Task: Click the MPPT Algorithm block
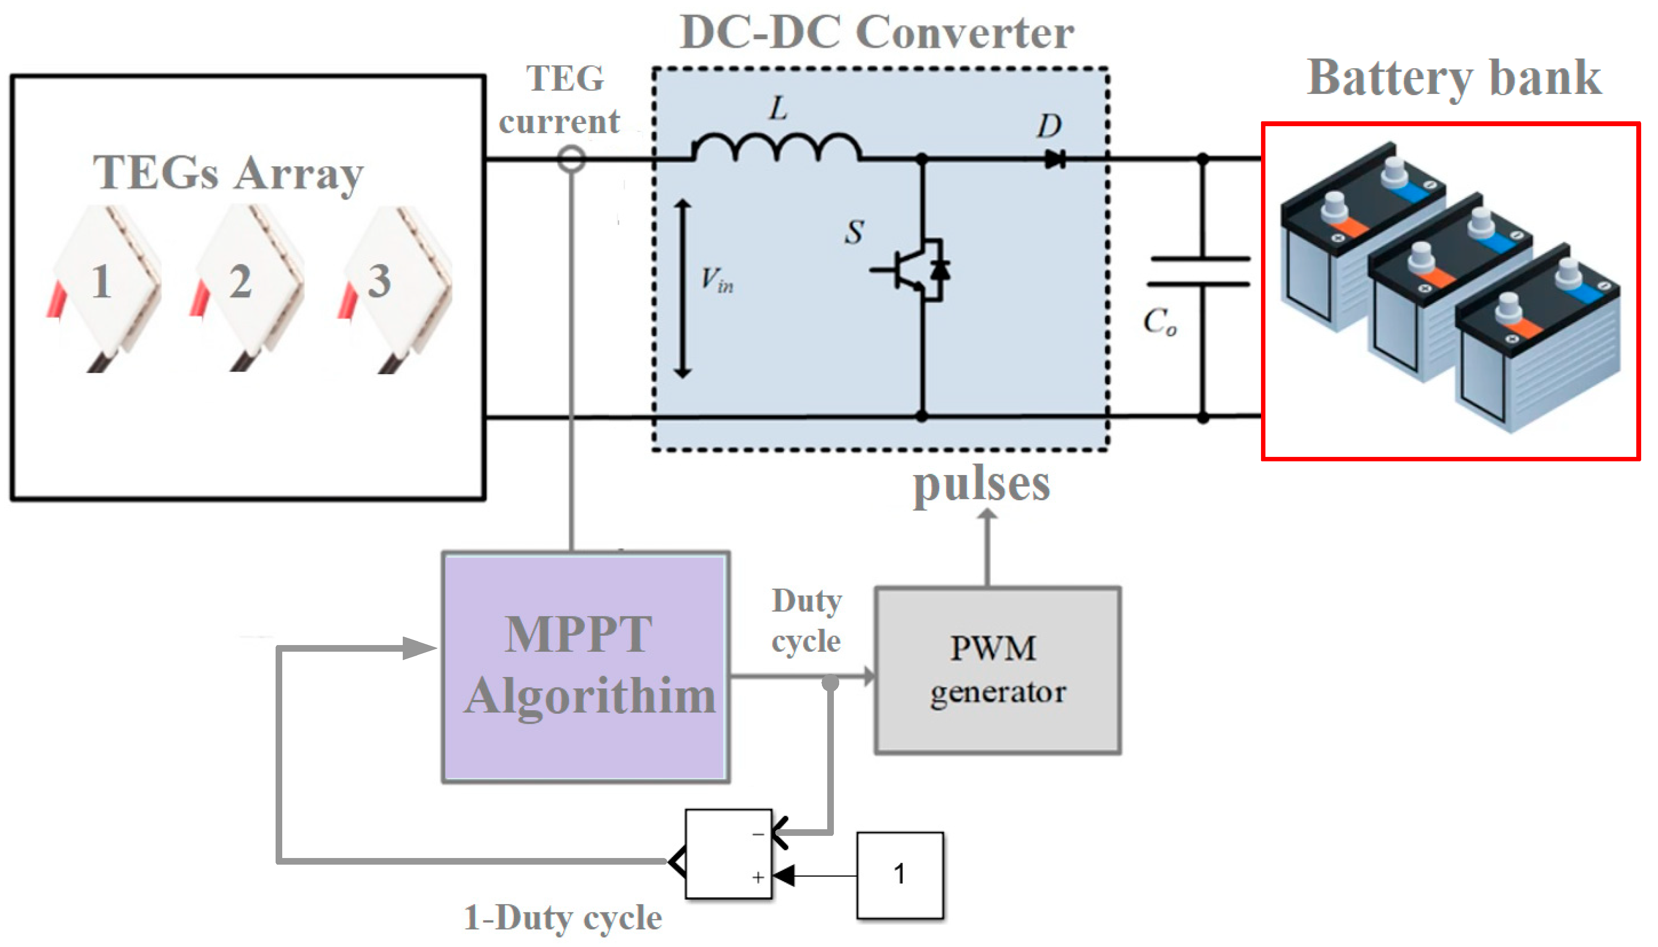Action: tap(586, 667)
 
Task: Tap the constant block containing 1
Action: tap(900, 875)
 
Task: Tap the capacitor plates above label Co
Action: tap(1199, 271)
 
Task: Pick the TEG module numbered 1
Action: tap(104, 286)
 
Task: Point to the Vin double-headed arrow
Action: tap(682, 289)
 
